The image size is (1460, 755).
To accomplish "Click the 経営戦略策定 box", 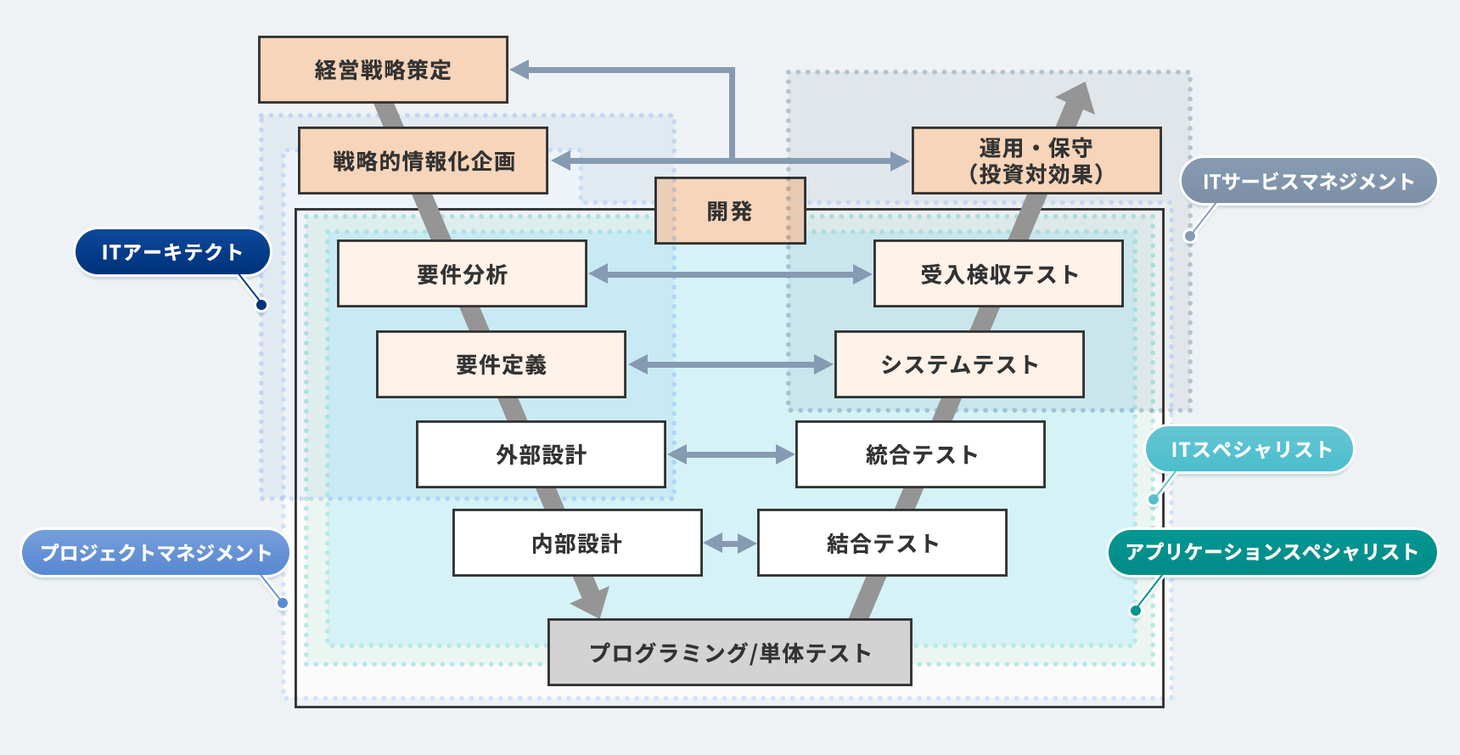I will tap(383, 70).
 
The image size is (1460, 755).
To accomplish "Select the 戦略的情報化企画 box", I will tap(423, 161).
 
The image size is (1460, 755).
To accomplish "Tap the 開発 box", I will tap(729, 211).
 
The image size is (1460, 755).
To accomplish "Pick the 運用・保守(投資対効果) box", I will tap(1036, 161).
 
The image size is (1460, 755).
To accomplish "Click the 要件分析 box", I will tap(462, 273).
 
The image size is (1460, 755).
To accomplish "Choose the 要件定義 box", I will tap(501, 364).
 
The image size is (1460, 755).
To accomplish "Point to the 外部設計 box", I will tap(541, 454).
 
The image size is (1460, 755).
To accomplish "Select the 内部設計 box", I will tap(577, 543).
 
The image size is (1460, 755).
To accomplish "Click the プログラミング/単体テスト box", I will tap(729, 652).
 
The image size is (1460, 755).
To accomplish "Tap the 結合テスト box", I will tap(882, 543).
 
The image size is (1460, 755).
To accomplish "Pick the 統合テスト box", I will tap(920, 454).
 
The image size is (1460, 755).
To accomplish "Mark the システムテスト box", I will tap(959, 364).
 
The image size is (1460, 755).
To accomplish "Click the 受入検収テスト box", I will tap(998, 273).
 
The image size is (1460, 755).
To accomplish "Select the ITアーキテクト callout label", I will tap(172, 252).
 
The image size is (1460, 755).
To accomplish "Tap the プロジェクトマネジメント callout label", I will tap(155, 553).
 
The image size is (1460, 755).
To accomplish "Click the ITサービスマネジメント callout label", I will tap(1308, 181).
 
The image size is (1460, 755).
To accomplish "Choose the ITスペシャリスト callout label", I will tap(1249, 449).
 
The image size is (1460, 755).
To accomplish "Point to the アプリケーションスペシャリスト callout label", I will tap(1272, 552).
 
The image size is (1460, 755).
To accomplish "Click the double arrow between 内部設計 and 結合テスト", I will tap(730, 543).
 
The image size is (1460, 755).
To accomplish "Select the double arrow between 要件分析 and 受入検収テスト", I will tap(730, 273).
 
